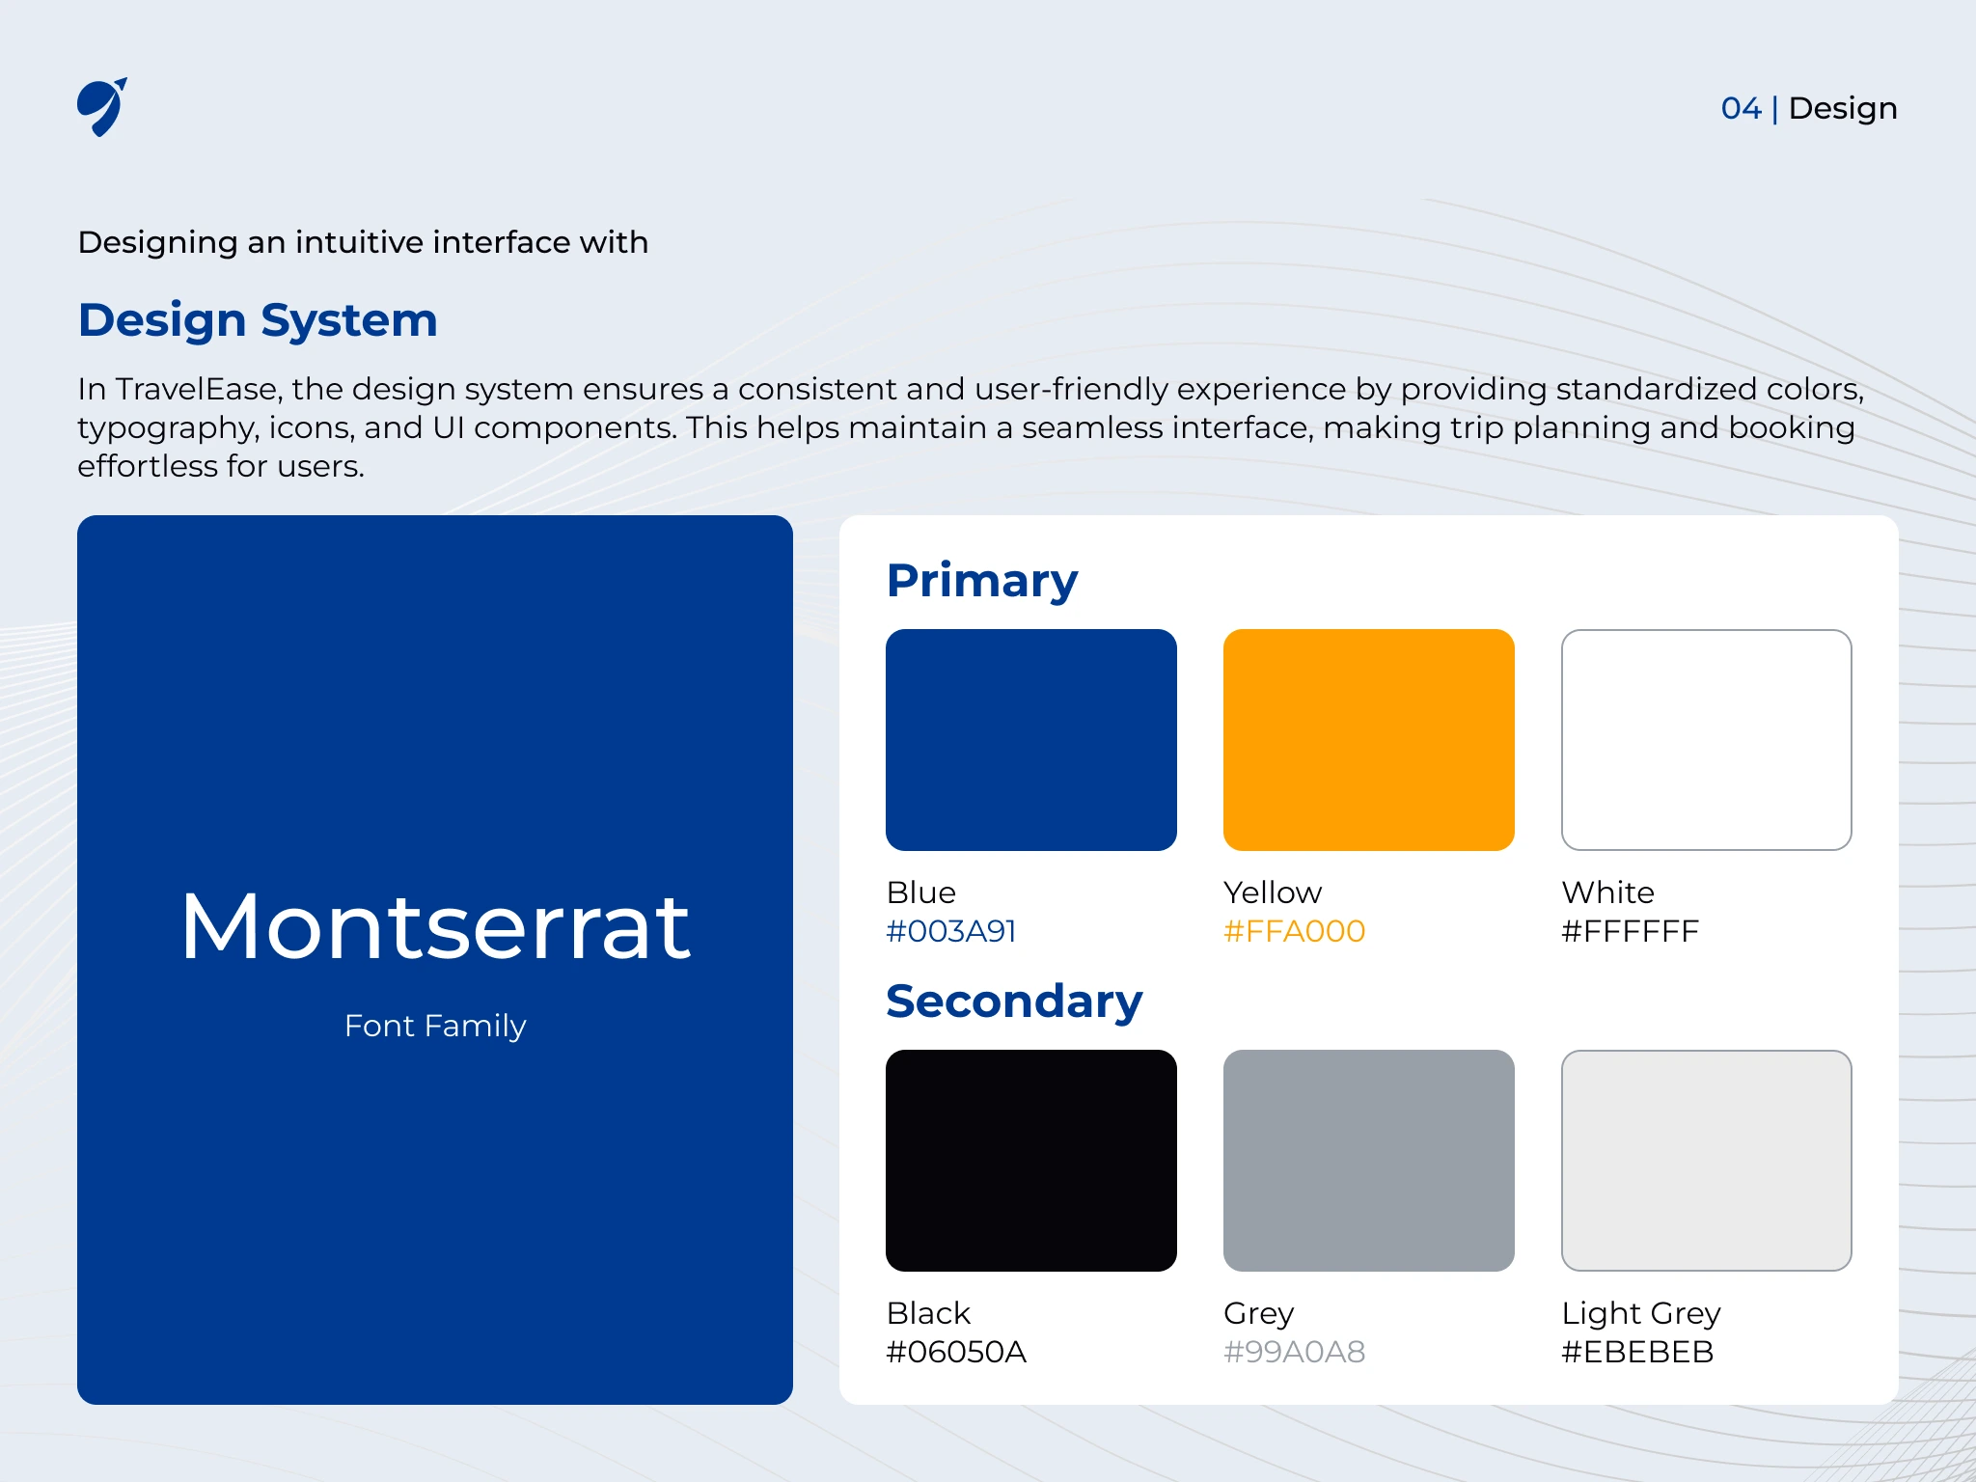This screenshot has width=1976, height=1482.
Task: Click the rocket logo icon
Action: click(x=101, y=107)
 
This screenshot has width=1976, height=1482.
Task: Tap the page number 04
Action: click(x=1741, y=108)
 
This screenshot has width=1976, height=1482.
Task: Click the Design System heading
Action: click(x=258, y=320)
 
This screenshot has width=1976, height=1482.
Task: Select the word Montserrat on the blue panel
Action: click(x=435, y=926)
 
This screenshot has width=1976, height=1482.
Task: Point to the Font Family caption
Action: click(x=435, y=1026)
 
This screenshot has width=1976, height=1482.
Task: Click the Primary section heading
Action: click(x=982, y=581)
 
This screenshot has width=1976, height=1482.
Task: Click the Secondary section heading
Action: click(x=1014, y=1002)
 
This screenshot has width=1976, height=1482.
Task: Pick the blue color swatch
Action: click(x=1031, y=740)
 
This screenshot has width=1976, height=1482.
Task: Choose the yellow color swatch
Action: click(x=1369, y=740)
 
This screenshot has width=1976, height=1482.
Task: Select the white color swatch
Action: click(x=1707, y=740)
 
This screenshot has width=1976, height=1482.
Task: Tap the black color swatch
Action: click(x=1031, y=1161)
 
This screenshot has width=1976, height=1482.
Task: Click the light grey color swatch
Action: click(x=1707, y=1161)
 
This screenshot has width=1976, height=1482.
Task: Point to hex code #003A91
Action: click(x=951, y=931)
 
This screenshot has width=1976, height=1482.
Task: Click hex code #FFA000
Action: click(x=1295, y=931)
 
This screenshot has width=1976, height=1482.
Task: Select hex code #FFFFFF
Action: click(x=1631, y=931)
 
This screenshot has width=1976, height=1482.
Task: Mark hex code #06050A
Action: click(x=956, y=1352)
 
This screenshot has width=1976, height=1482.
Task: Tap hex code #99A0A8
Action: click(x=1295, y=1352)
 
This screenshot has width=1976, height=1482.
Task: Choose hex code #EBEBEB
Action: click(x=1638, y=1352)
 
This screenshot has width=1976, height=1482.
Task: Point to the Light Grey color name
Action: click(x=1641, y=1313)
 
